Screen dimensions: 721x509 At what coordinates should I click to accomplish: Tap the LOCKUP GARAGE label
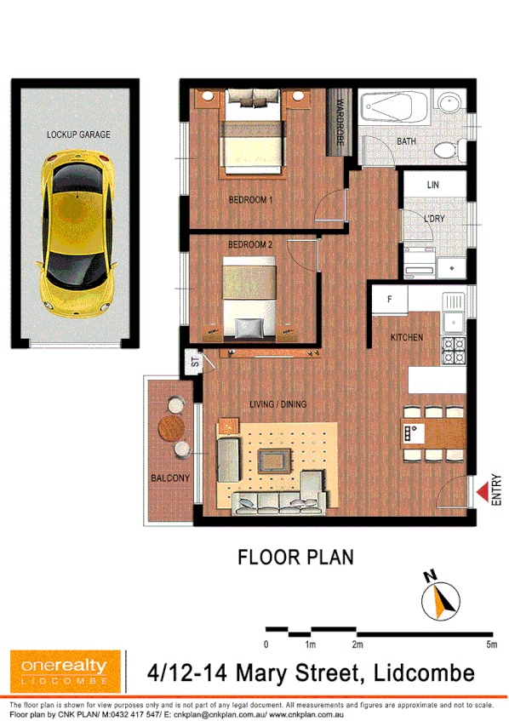point(78,134)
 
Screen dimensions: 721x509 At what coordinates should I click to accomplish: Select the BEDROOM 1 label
point(250,201)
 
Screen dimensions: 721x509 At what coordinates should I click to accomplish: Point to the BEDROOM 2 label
point(250,245)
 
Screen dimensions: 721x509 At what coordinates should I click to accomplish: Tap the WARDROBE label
point(340,124)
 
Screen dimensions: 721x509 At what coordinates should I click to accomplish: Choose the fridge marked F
point(389,300)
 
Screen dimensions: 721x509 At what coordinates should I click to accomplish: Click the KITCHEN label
point(407,338)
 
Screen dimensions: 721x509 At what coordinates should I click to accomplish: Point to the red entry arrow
point(483,493)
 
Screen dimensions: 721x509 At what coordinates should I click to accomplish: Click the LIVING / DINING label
point(277,404)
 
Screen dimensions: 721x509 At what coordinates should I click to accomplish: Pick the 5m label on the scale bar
point(491,644)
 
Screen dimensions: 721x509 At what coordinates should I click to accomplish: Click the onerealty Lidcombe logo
point(59,670)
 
